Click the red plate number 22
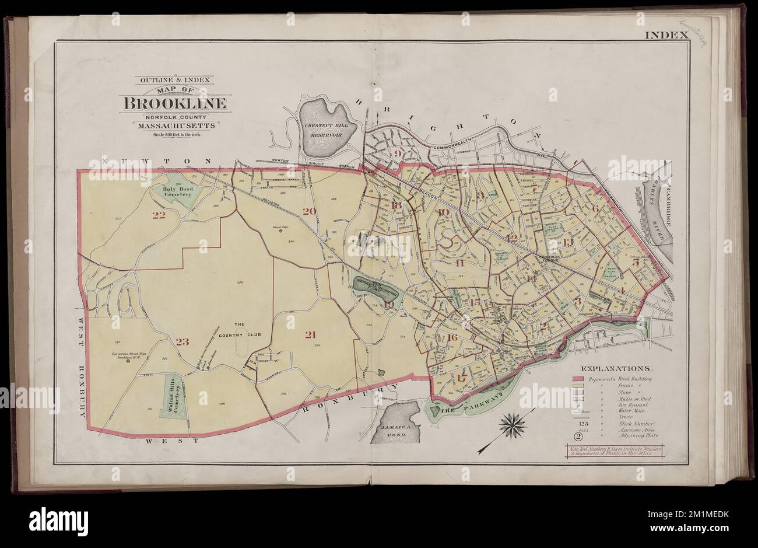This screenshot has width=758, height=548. click(159, 215)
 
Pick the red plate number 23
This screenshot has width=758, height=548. click(183, 342)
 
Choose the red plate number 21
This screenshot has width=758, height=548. click(310, 335)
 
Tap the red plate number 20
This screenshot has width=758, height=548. click(309, 211)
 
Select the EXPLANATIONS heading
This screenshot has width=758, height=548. click(616, 369)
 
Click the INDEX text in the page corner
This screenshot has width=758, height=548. click(666, 35)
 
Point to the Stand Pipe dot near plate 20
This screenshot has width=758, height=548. click(280, 231)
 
